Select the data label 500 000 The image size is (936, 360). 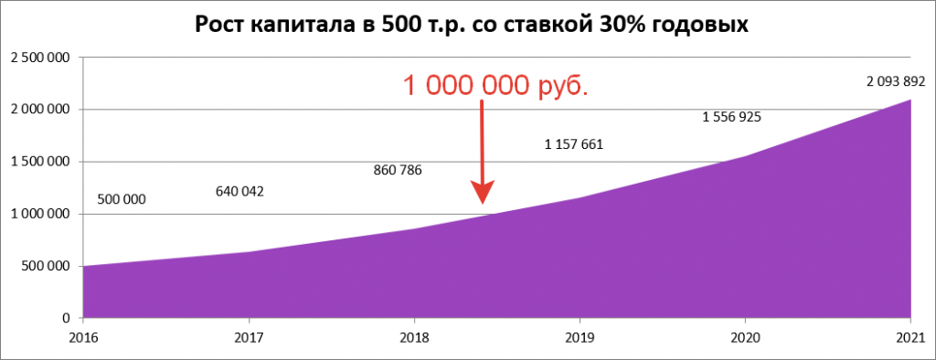tap(121, 199)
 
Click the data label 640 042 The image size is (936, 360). tap(239, 192)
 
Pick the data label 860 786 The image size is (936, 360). tap(398, 170)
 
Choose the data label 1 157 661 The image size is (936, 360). tap(574, 144)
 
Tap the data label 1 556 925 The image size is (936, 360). tap(731, 117)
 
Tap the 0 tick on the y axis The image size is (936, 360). tap(67, 318)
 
